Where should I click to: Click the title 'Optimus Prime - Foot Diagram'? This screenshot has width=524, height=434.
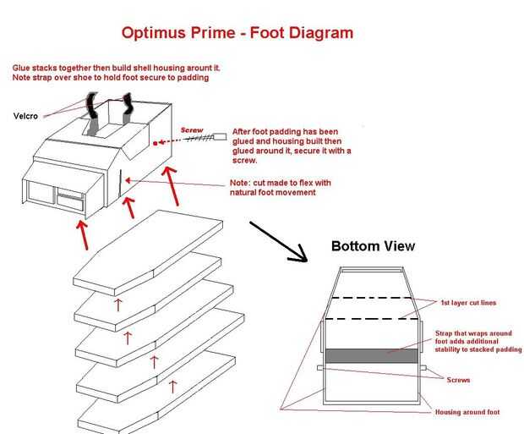[237, 33]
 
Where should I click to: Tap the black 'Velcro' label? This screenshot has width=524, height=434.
[25, 116]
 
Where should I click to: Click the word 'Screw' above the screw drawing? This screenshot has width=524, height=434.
[192, 129]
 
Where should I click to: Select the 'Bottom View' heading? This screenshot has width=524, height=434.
[373, 246]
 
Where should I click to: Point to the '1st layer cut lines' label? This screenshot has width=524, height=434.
[468, 303]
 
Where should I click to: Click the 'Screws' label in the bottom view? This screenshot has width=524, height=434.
[458, 380]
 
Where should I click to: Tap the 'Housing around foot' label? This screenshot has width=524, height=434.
[467, 412]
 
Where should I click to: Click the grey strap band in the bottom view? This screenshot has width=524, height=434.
[372, 356]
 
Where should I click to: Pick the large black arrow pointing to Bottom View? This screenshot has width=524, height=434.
[278, 241]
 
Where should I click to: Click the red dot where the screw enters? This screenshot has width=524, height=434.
[155, 143]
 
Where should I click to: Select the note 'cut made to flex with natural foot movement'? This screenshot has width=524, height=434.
[280, 188]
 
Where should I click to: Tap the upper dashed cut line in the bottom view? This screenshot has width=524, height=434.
[372, 298]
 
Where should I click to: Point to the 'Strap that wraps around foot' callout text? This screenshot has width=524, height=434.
[478, 341]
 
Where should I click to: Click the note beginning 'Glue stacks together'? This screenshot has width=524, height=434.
[117, 73]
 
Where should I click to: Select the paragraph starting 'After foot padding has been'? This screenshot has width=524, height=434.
[292, 146]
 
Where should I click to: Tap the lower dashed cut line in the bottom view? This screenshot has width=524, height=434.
[372, 319]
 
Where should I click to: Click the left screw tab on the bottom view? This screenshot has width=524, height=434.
[321, 368]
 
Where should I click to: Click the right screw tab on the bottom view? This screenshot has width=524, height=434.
[423, 368]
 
